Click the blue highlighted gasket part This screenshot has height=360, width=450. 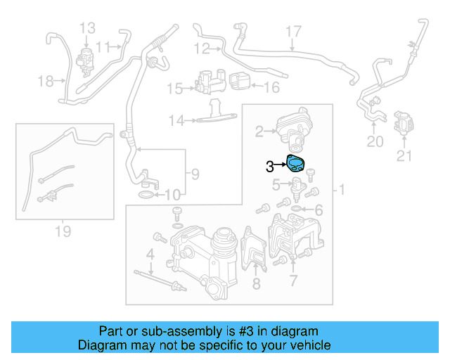[x=298, y=165]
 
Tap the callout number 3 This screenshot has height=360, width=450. [x=270, y=167]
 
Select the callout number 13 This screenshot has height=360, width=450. [x=87, y=28]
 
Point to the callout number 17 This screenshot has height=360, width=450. [x=293, y=31]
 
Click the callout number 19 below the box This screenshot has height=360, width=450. [x=63, y=231]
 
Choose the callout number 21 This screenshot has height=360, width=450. [x=404, y=156]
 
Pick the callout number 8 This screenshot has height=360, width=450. [x=256, y=283]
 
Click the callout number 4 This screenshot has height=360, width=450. [x=150, y=253]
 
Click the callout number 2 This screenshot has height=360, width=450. [x=259, y=131]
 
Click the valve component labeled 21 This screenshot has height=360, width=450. [x=403, y=122]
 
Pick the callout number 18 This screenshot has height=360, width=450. [x=46, y=82]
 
